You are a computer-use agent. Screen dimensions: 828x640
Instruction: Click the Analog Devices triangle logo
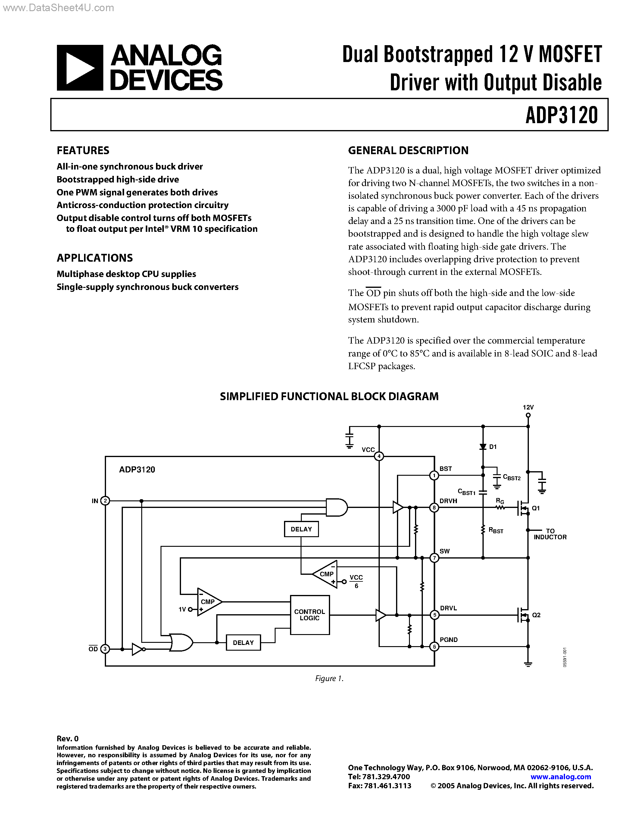[x=80, y=68]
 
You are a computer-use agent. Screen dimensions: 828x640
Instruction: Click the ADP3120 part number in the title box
[x=561, y=115]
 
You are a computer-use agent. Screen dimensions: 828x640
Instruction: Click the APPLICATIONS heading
[x=95, y=258]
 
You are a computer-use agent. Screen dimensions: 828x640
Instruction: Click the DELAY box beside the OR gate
[x=243, y=643]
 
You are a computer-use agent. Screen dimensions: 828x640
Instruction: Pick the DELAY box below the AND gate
[x=301, y=529]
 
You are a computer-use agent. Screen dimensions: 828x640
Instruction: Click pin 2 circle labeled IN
[x=105, y=501]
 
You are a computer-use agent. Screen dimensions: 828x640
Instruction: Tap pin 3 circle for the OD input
[x=105, y=649]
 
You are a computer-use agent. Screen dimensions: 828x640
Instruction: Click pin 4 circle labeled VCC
[x=379, y=456]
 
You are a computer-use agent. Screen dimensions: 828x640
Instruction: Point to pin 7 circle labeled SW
[x=434, y=558]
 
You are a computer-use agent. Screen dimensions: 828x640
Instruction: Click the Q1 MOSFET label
[x=536, y=508]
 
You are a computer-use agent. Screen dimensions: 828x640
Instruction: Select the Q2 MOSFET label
[x=536, y=615]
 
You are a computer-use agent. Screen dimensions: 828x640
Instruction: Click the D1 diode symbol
[x=483, y=447]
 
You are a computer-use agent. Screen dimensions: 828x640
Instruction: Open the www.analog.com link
[x=561, y=777]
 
